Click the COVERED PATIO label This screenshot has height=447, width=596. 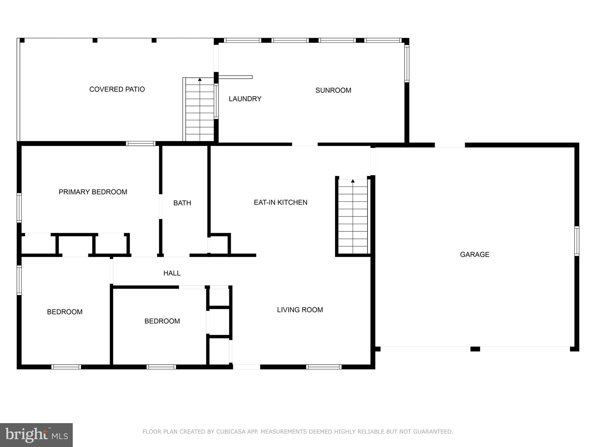(117, 89)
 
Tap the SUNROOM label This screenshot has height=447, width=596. (333, 91)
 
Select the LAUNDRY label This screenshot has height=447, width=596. (245, 99)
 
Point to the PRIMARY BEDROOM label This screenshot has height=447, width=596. (93, 192)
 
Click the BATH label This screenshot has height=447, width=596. (182, 203)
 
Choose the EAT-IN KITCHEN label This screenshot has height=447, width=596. (281, 203)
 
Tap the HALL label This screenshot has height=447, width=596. (172, 273)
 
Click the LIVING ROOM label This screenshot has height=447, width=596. (300, 310)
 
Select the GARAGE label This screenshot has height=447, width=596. (474, 255)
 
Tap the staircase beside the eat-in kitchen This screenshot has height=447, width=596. (353, 217)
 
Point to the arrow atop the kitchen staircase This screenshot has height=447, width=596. (353, 181)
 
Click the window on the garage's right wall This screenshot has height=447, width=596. (577, 241)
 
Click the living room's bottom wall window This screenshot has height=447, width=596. (324, 367)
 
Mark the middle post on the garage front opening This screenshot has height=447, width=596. (475, 349)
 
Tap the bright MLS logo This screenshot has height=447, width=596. (36, 435)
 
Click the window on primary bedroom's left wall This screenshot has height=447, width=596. (19, 207)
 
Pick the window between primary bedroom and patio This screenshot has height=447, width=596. (141, 143)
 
